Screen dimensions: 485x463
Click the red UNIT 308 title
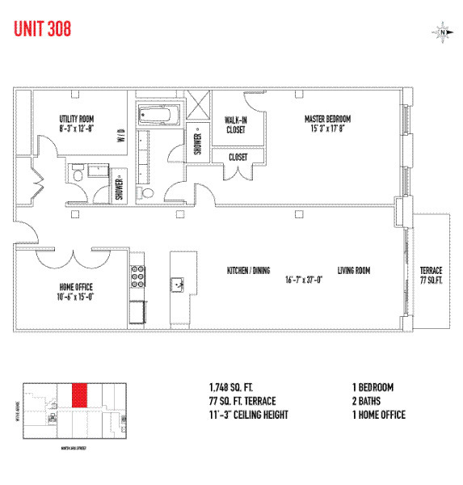tap(42, 29)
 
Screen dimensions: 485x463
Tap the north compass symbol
tap(443, 32)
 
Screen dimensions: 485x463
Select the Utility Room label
tap(77, 119)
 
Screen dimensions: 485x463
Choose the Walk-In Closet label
tap(237, 124)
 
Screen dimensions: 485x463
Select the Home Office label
tap(77, 286)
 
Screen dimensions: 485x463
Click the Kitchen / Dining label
tap(247, 271)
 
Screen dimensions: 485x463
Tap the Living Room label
tap(354, 271)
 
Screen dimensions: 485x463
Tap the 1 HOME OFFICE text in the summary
tap(379, 415)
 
